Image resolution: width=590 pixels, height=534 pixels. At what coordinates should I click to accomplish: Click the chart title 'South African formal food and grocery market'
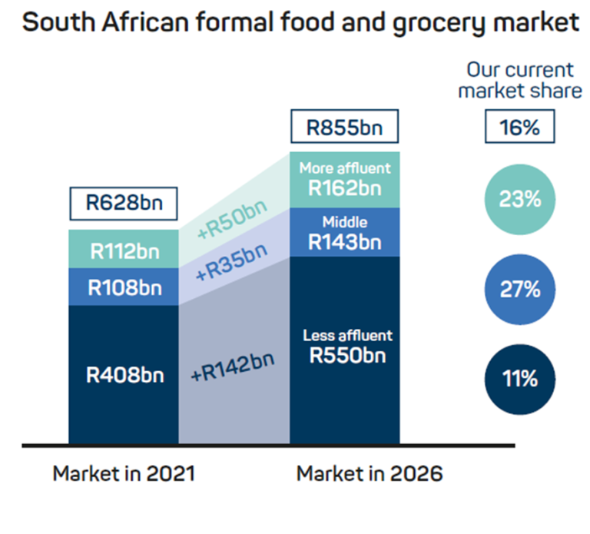tap(300, 23)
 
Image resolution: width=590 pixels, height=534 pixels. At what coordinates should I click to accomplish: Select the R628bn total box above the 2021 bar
tap(124, 204)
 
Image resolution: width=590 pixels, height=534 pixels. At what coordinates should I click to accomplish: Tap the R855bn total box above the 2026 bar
tap(344, 126)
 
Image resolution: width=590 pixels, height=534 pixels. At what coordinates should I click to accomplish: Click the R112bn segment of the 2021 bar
tap(124, 250)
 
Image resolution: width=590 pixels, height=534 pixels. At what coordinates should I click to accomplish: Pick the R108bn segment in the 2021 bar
tap(124, 287)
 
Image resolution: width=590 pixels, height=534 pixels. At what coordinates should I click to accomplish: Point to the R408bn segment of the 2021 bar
tap(124, 375)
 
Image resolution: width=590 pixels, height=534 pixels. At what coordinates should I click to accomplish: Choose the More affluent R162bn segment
tap(344, 178)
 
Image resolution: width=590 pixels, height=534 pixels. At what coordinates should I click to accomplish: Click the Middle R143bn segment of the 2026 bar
tap(344, 233)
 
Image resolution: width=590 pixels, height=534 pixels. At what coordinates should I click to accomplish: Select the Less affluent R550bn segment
tap(344, 347)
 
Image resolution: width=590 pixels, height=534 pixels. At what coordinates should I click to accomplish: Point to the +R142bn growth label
tap(234, 368)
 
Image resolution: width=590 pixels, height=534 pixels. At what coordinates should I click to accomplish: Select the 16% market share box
tap(519, 126)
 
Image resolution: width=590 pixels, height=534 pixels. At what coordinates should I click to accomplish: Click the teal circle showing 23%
tap(519, 198)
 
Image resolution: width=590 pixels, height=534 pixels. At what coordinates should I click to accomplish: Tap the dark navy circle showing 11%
tap(519, 379)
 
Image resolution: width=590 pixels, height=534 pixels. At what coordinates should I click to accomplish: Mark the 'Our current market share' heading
tap(519, 81)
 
